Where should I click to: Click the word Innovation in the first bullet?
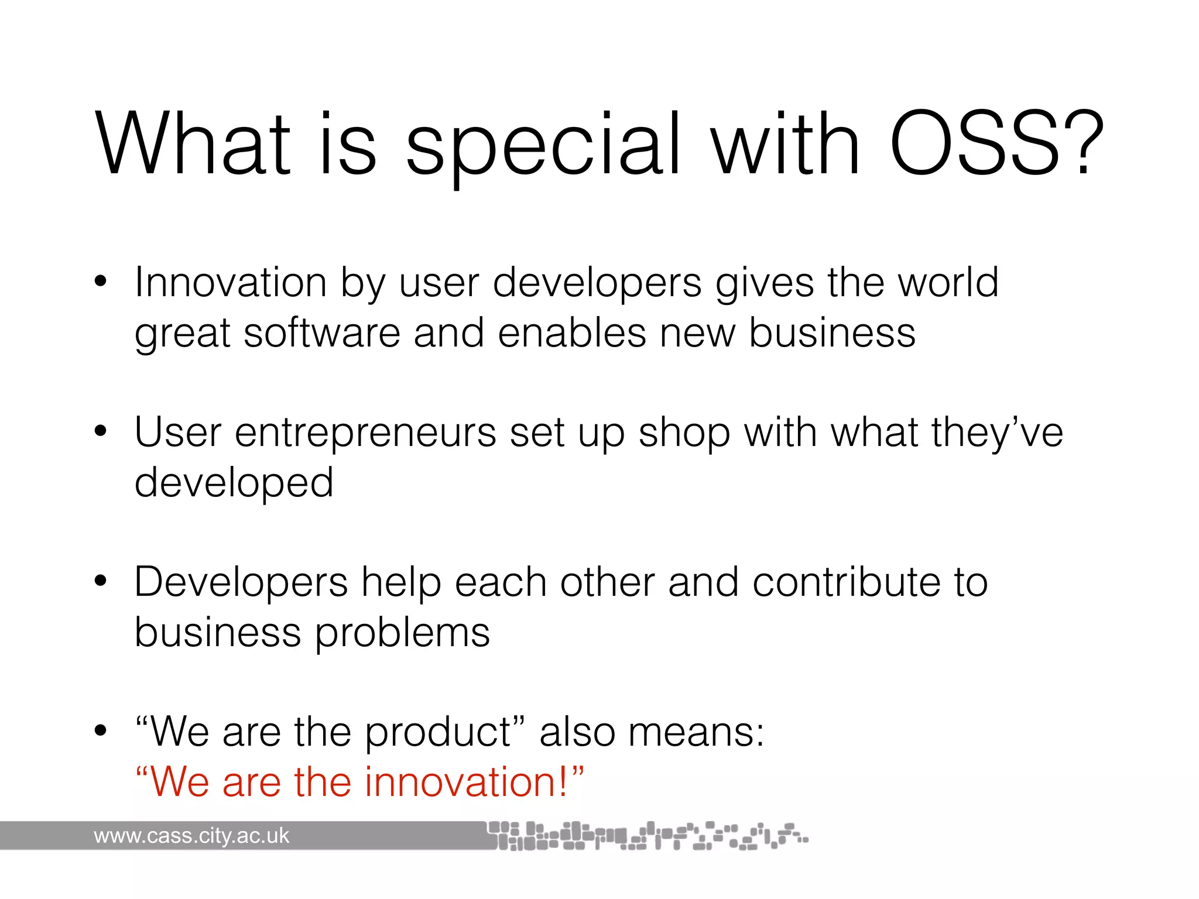click(x=231, y=283)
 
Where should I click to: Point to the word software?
click(x=321, y=333)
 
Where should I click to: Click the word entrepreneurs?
click(x=365, y=433)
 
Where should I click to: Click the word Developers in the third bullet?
click(x=241, y=584)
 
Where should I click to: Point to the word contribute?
click(x=847, y=582)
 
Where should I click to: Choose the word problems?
click(x=402, y=634)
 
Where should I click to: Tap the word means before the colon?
click(x=691, y=733)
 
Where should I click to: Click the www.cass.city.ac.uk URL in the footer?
click(x=191, y=836)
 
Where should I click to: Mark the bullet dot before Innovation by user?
click(x=101, y=282)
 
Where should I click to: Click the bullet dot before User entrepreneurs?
click(x=101, y=431)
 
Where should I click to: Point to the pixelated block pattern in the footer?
click(x=644, y=836)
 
